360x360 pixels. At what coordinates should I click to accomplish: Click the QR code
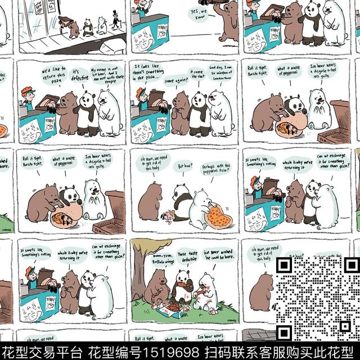[x=317, y=293]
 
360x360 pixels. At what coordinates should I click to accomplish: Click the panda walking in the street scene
[x=87, y=26]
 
